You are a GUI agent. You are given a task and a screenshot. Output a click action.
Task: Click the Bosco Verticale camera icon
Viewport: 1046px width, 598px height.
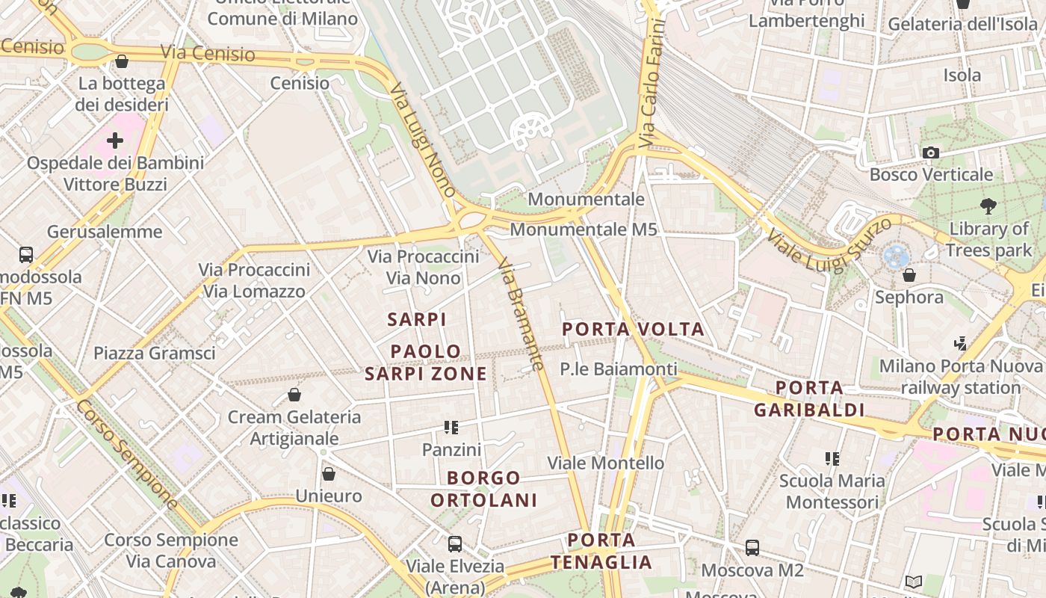coord(930,152)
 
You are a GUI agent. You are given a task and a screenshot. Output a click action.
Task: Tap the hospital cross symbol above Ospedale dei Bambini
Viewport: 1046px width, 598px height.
coord(114,140)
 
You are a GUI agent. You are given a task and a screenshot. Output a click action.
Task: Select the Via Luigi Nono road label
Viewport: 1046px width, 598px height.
coord(423,140)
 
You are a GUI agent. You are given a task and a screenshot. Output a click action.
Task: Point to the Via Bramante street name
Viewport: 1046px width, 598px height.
coord(520,314)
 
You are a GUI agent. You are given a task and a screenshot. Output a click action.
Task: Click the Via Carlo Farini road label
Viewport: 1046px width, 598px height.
coord(651,82)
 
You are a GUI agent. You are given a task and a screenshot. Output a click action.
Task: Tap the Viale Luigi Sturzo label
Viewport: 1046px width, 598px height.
coord(829,244)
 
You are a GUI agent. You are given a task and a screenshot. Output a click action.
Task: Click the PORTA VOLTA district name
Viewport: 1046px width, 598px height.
coord(633,329)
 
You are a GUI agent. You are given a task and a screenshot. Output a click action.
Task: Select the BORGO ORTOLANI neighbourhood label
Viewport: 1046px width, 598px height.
coord(484,489)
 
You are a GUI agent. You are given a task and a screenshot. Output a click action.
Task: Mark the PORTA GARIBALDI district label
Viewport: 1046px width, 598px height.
coord(809,398)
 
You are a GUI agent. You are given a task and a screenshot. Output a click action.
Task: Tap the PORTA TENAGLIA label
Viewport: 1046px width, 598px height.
coord(601,551)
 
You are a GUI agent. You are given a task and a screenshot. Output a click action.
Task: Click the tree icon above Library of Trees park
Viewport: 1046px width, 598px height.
coord(988,206)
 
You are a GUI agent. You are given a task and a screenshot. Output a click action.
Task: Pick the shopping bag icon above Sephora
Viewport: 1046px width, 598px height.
coord(909,275)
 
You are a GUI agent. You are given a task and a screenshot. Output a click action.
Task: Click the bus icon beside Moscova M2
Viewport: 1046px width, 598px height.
coord(752,547)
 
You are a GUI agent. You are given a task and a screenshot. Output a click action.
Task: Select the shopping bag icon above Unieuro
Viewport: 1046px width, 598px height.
coord(328,473)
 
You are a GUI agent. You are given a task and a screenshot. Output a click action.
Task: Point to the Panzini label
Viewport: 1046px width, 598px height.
coord(451,449)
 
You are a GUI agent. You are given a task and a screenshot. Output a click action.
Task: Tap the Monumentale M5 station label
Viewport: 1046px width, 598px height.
coord(584,229)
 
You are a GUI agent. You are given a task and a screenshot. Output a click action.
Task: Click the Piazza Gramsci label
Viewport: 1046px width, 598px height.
coord(154,353)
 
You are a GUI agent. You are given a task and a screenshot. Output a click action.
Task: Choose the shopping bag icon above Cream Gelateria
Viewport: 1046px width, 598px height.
coord(294,394)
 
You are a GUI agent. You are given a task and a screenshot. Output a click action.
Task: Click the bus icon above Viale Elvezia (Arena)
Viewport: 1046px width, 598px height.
coord(454,543)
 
